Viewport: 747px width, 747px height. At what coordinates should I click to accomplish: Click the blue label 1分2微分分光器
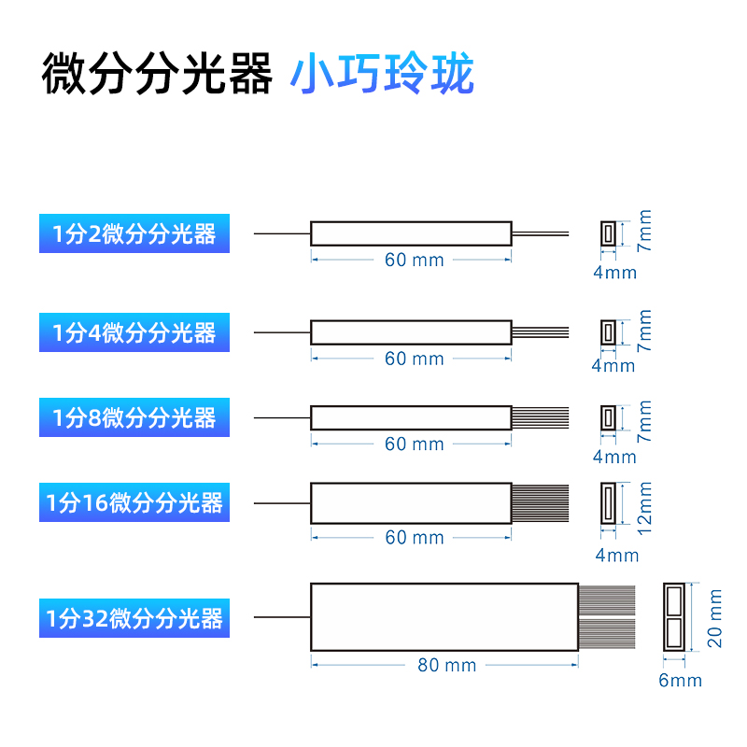pyautogui.click(x=134, y=233)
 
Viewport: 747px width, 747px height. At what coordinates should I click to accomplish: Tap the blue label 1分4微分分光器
pyautogui.click(x=134, y=332)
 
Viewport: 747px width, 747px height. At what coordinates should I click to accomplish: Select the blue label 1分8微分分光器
pyautogui.click(x=134, y=417)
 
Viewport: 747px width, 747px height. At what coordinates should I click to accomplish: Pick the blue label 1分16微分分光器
pyautogui.click(x=134, y=503)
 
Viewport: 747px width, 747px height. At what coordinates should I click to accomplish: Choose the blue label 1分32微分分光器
pyautogui.click(x=134, y=618)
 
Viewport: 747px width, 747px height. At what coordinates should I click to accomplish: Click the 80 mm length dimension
pyautogui.click(x=446, y=665)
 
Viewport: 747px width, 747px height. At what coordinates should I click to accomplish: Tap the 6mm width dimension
pyautogui.click(x=680, y=680)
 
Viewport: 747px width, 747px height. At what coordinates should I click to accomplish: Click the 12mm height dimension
pyautogui.click(x=644, y=510)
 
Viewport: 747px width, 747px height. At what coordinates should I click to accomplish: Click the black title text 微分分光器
pyautogui.click(x=157, y=74)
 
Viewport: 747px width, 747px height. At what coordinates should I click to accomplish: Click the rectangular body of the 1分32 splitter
pyautogui.click(x=444, y=616)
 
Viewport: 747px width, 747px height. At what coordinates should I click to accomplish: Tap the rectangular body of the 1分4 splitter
pyautogui.click(x=411, y=332)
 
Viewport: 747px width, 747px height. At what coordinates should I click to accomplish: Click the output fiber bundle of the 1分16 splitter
pyautogui.click(x=541, y=502)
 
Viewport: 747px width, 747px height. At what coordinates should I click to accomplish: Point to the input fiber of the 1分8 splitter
pyautogui.click(x=281, y=417)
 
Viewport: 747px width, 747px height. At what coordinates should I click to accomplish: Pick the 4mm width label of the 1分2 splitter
pyautogui.click(x=614, y=273)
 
